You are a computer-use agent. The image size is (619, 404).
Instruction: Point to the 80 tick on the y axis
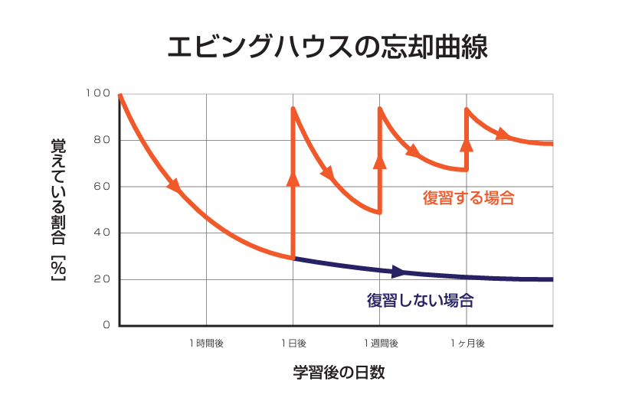(102, 140)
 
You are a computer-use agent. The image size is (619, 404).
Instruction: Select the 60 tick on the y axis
(102, 187)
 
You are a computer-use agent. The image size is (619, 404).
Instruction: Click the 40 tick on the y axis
(102, 233)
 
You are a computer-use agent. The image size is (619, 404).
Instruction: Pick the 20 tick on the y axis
(102, 279)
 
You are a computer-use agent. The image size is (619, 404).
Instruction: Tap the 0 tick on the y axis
(106, 325)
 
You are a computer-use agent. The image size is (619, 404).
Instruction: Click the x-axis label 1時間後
(206, 344)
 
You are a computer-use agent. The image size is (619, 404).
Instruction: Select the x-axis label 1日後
(293, 344)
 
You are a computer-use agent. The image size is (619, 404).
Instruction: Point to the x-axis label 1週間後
(380, 344)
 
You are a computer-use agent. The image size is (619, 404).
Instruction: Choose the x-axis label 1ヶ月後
(467, 344)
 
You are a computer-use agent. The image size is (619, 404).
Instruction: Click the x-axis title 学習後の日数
(338, 373)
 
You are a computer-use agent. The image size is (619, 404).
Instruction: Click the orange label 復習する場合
(467, 198)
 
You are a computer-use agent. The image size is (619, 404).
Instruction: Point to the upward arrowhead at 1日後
(293, 178)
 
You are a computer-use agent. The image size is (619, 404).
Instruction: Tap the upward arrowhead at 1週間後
(379, 161)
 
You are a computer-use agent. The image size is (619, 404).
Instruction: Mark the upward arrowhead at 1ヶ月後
(467, 143)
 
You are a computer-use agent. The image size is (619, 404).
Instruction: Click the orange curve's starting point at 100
(120, 95)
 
